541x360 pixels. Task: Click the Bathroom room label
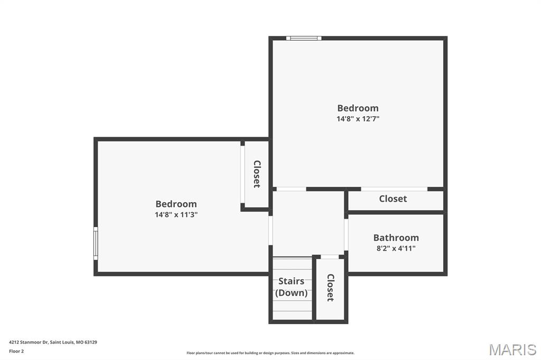coord(396,238)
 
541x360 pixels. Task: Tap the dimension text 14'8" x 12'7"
coord(358,119)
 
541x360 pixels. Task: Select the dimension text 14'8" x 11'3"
coord(176,214)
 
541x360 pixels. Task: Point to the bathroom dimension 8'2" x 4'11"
coord(396,248)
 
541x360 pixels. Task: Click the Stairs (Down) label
coord(291,287)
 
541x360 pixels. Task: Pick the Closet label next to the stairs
coord(330,287)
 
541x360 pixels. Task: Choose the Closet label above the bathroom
coord(393,198)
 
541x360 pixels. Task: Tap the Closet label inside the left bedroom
coord(257,174)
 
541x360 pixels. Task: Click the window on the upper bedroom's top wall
coord(304,38)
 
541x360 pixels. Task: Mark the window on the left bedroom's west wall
coord(96,243)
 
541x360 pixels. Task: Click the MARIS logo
coord(512,349)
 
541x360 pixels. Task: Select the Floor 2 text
coord(16,351)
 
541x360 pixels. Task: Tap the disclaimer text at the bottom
coord(270,353)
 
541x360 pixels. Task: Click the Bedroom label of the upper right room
coord(358,108)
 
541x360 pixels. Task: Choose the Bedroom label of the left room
coord(176,204)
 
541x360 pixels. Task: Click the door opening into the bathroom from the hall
coord(346,234)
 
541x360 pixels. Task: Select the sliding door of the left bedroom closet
coord(242,174)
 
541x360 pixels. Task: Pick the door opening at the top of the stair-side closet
coord(330,257)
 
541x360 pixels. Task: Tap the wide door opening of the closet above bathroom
coord(394,189)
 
